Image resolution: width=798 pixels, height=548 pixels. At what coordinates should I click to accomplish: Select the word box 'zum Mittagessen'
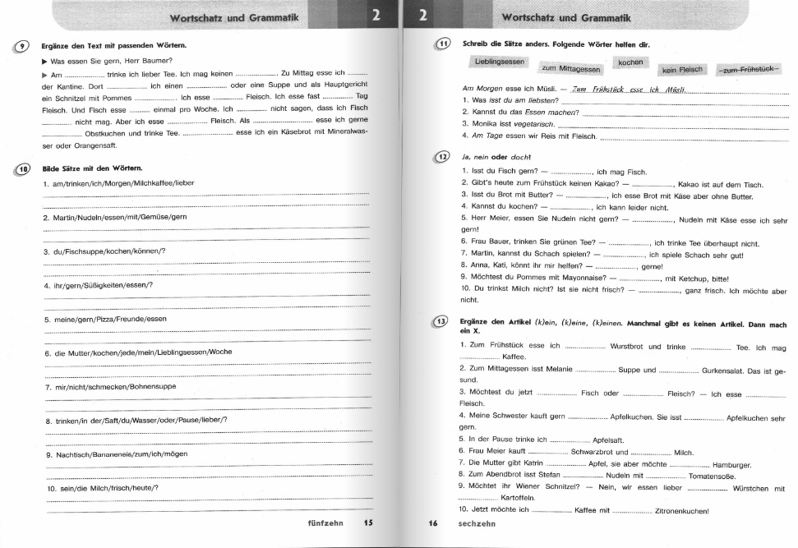click(571, 71)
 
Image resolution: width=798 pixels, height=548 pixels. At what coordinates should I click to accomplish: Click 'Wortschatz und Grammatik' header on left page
click(234, 18)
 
